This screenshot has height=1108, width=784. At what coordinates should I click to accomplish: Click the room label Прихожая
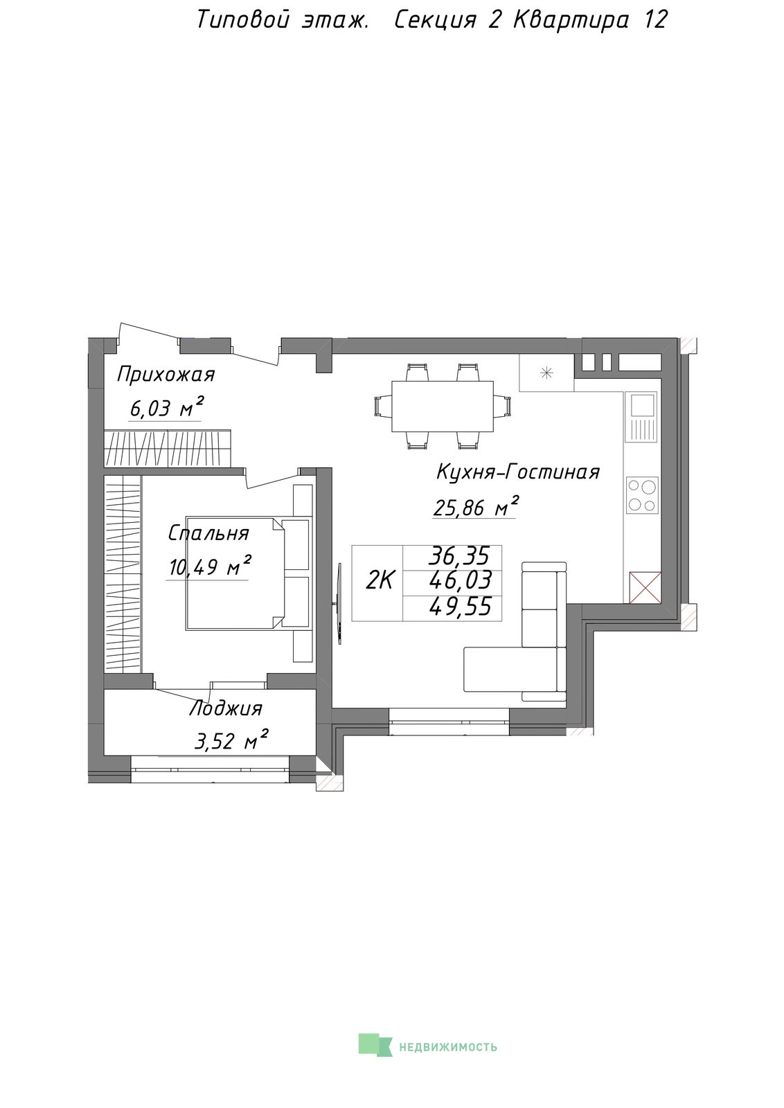click(x=166, y=375)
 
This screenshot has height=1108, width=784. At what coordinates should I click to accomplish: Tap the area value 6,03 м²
click(x=167, y=408)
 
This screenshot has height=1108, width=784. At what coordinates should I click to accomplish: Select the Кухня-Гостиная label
click(x=518, y=472)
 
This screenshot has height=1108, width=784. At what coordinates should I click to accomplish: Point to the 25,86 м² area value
click(x=476, y=506)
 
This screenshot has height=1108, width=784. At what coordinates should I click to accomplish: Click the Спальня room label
click(x=208, y=533)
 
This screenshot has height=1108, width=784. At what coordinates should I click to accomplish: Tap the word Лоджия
click(x=226, y=709)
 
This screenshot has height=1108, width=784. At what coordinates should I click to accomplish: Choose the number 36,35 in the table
click(x=458, y=556)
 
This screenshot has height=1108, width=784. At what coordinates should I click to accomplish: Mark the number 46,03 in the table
click(x=460, y=580)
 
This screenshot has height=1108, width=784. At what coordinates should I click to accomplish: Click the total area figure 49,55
click(x=460, y=607)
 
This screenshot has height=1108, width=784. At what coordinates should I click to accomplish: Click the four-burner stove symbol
click(x=642, y=495)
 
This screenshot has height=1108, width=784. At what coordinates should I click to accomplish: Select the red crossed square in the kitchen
click(x=645, y=588)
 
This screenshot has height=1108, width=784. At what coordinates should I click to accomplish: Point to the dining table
click(x=443, y=406)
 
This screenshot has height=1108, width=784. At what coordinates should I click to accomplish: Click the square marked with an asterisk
click(x=546, y=373)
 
